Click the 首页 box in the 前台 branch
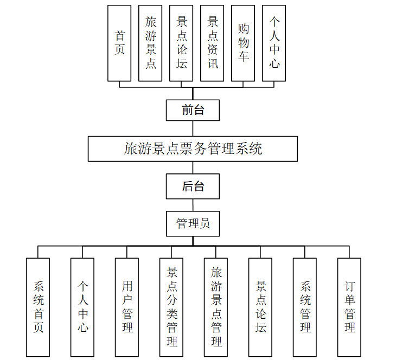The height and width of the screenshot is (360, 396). (119, 43)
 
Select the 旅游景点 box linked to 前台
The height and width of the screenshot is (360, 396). (150, 43)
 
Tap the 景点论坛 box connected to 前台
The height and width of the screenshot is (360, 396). (181, 43)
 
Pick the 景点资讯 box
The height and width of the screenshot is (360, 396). (212, 43)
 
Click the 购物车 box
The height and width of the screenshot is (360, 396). (243, 43)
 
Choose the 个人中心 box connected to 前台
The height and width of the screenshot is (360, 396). (274, 43)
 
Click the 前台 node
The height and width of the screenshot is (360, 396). (193, 110)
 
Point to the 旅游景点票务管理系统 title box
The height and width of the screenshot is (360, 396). (193, 149)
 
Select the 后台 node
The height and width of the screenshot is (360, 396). (193, 187)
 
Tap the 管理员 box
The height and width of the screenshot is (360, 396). (193, 223)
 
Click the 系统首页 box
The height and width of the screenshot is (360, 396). (38, 307)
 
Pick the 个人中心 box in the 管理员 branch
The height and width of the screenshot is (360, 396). (82, 307)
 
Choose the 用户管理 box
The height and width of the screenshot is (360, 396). (127, 307)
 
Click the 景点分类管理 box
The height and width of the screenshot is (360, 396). (171, 307)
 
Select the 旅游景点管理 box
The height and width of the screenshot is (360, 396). (216, 307)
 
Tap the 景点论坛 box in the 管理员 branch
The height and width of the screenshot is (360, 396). (260, 307)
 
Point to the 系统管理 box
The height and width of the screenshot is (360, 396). (305, 307)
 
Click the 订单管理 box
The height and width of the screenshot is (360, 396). (349, 307)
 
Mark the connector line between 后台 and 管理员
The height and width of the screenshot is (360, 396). (193, 205)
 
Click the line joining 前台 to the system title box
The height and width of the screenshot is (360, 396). (193, 128)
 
